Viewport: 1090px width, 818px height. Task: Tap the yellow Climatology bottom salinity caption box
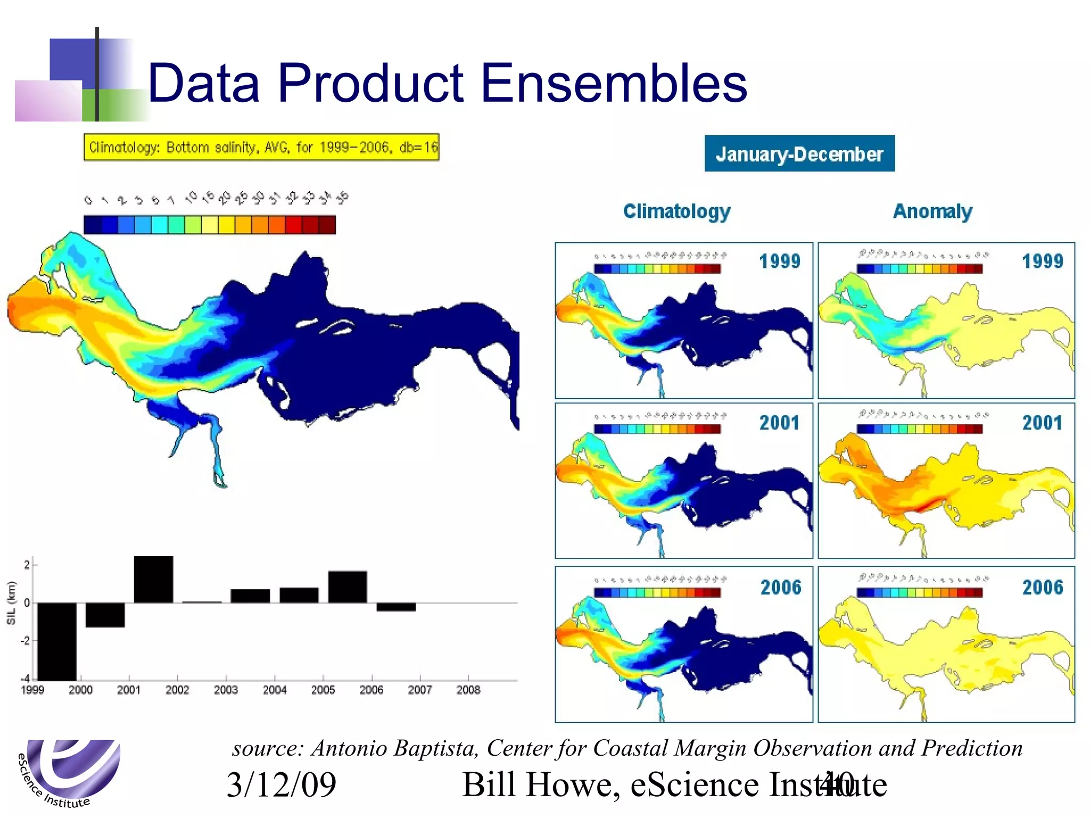click(261, 147)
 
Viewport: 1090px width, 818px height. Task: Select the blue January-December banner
click(799, 154)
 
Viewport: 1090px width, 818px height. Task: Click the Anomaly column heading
click(932, 211)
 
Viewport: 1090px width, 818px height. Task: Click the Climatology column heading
click(676, 211)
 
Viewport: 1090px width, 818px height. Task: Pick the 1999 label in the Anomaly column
click(1042, 261)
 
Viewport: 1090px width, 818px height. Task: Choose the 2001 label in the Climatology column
click(779, 423)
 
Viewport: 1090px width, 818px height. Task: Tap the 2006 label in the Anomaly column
click(1042, 587)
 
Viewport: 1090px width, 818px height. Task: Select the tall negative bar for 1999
click(56, 641)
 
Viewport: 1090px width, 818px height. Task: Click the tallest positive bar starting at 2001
click(153, 579)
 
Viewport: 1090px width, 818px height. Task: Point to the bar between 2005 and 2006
click(347, 587)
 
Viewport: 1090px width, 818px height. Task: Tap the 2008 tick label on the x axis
click(468, 690)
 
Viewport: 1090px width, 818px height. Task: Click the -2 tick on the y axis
click(25, 641)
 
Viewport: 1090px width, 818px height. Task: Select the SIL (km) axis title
click(11, 603)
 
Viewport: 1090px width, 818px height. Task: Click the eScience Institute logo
click(69, 772)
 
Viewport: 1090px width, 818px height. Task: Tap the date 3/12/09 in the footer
click(281, 784)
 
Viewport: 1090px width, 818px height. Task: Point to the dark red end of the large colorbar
click(327, 225)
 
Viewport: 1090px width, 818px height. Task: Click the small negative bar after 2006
click(396, 607)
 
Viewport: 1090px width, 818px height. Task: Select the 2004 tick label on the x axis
click(274, 690)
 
